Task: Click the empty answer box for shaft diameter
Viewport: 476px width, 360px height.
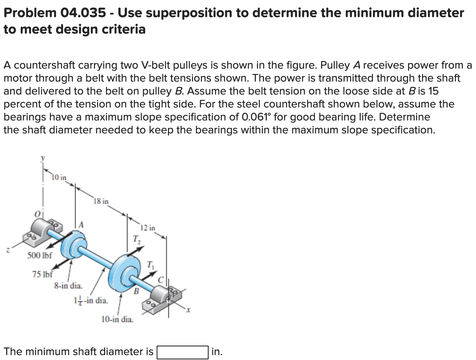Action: click(183, 352)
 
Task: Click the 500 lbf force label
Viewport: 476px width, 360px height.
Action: click(40, 255)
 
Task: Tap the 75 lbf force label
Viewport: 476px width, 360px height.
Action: click(42, 274)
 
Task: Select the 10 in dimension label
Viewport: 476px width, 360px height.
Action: click(59, 177)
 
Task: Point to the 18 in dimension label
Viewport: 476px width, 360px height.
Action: click(101, 201)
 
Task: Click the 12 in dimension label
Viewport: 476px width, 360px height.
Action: click(148, 228)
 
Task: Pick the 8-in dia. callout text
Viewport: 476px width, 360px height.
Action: click(68, 286)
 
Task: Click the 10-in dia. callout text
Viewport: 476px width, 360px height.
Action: click(117, 319)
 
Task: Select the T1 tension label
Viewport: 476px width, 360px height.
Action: click(150, 265)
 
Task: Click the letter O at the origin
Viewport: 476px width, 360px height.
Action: click(36, 213)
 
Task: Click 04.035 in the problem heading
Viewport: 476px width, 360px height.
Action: click(83, 13)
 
